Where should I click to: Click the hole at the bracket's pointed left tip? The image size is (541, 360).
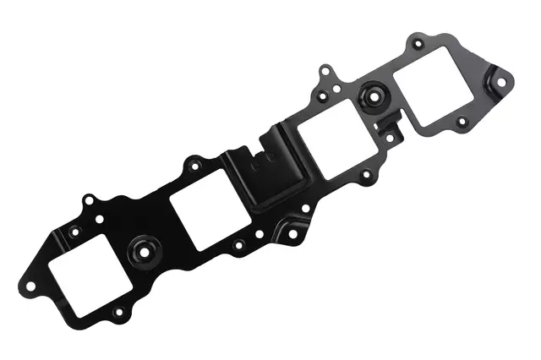31,286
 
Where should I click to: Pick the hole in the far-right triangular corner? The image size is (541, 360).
500,83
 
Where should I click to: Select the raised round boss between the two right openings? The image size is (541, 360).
370,95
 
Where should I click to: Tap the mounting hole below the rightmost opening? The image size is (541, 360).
462,122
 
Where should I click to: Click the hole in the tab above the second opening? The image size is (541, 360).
194,161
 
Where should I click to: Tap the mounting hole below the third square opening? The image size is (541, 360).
366,178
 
